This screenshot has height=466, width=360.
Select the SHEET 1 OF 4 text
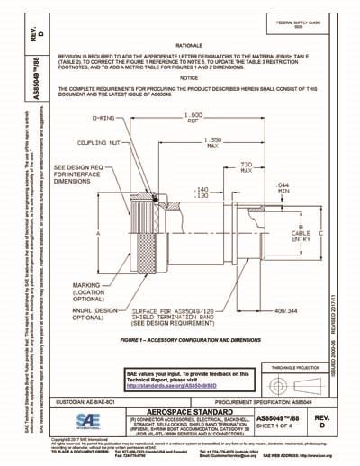click(285, 420)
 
